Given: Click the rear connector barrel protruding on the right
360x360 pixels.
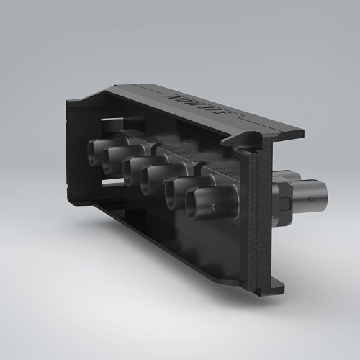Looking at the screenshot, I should pos(310,193).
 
